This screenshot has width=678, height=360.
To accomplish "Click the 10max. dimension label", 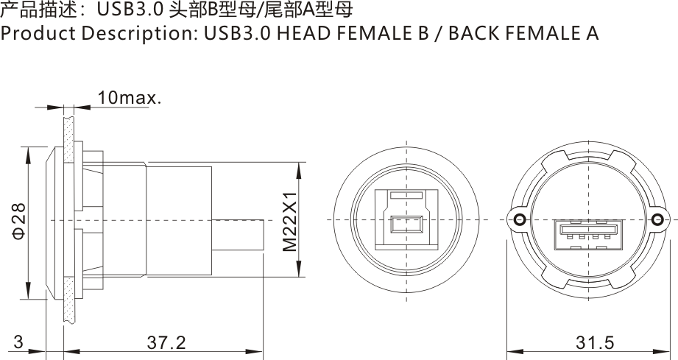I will coord(129,98).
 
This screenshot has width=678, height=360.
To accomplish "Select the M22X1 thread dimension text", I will coord(289,221).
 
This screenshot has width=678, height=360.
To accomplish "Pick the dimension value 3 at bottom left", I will coord(18,343).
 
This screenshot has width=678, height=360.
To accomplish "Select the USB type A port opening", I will coord(587,234).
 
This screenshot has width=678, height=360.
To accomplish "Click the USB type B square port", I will coord(406,221).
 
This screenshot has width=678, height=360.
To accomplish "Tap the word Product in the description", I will coord(37,34).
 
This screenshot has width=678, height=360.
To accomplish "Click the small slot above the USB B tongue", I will coord(406,197).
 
